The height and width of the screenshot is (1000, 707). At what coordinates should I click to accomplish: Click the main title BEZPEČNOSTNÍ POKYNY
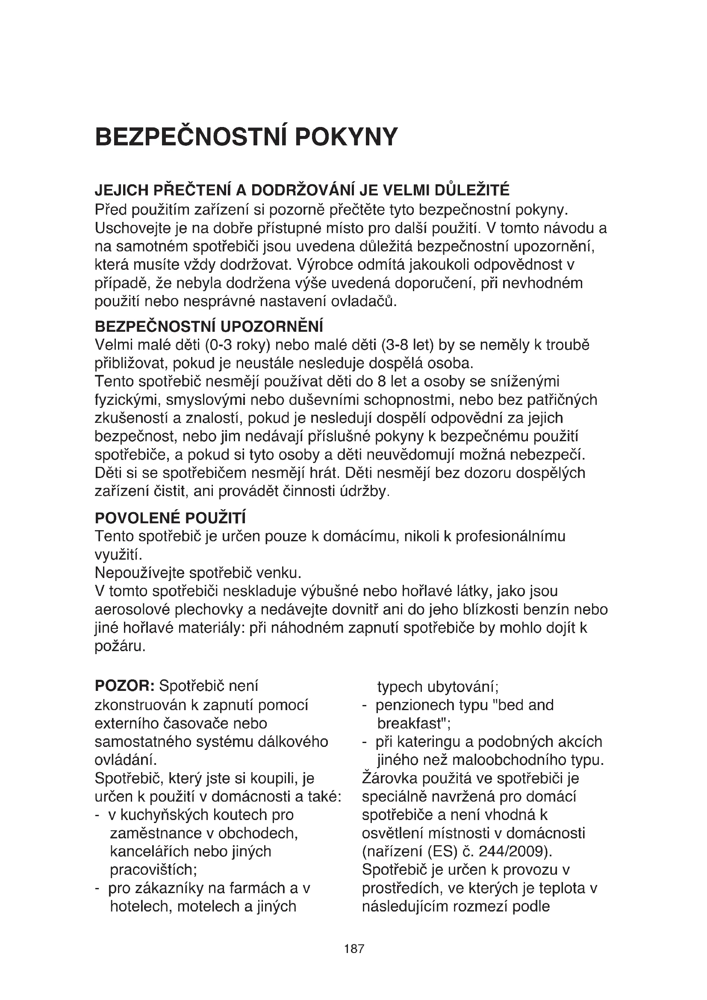pos(246,137)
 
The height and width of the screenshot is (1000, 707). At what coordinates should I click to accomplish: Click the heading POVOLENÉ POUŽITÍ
pos(170,518)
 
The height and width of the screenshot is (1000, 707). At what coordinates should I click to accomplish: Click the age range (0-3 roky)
pos(238,345)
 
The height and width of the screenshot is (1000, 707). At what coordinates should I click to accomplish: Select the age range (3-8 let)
pos(407,345)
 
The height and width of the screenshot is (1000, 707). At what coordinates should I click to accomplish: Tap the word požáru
pos(120,646)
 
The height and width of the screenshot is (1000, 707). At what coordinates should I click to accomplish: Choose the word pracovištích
pos(154,870)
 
